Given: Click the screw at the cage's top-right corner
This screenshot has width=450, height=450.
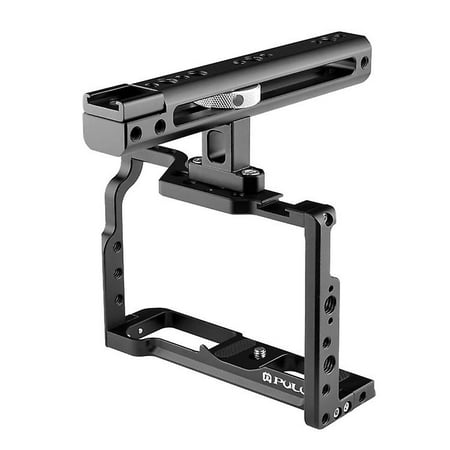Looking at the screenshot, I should pos(326,217).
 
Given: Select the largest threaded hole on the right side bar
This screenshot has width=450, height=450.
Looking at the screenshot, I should pos(329,300).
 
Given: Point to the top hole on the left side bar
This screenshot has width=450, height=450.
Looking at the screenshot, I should pos(117,245).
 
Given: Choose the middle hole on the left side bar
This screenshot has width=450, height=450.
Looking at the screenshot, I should pos(118,272).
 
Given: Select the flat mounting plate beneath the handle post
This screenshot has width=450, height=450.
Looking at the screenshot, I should pos(215,190).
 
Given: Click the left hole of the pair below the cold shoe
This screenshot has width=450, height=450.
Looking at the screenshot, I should pos(135,132).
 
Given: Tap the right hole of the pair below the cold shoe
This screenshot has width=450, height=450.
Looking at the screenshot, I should pos(159,127).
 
